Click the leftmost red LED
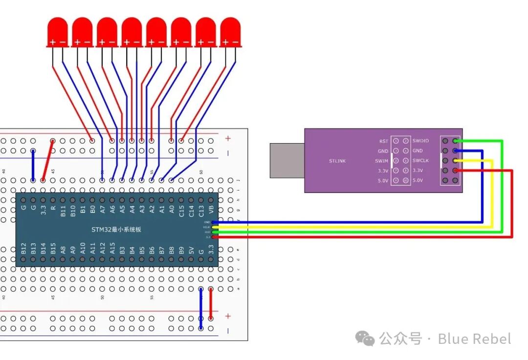pos(57,31)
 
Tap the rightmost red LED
pos(230,31)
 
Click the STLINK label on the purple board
pos(337,161)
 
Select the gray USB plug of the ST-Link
pos(287,160)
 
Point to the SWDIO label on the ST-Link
pos(420,141)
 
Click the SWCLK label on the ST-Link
pos(420,161)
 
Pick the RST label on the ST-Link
pos(383,141)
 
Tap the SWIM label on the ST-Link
pos(382,161)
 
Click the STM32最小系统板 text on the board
pos(116,229)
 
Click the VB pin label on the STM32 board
pos(211,210)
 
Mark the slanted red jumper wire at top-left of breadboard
pos(48,160)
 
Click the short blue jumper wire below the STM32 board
pos(201,309)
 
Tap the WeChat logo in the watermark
pos(365,339)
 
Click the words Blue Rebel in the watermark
pos(474,339)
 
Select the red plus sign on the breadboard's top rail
pos(227,139)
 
